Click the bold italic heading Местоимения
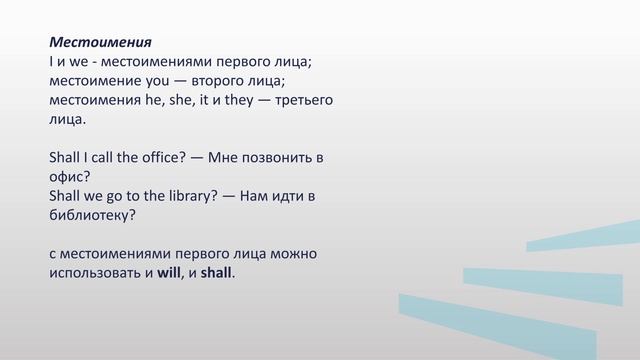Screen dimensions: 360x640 pyautogui.click(x=100, y=43)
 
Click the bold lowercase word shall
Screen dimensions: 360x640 pyautogui.click(x=215, y=273)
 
